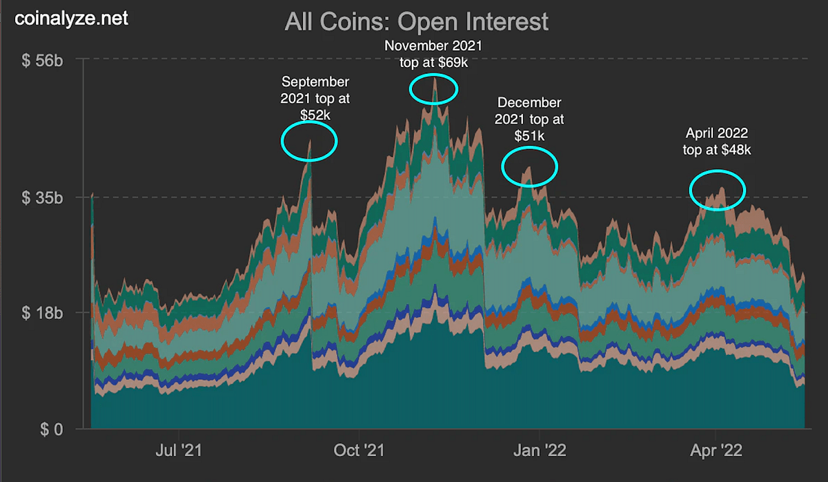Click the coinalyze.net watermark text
pyautogui.click(x=72, y=18)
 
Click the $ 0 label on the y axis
pyautogui.click(x=50, y=429)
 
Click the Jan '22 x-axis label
pyautogui.click(x=540, y=450)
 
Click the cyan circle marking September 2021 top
pyautogui.click(x=309, y=141)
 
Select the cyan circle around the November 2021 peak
pyautogui.click(x=433, y=88)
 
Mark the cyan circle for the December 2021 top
pyautogui.click(x=529, y=166)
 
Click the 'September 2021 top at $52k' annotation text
pyautogui.click(x=315, y=97)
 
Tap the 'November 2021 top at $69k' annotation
pyautogui.click(x=433, y=54)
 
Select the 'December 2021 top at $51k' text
pyautogui.click(x=529, y=119)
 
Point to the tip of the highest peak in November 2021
pyautogui.click(x=434, y=79)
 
